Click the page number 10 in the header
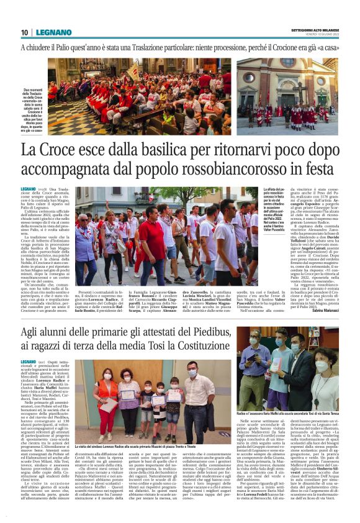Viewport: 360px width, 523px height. coord(25,32)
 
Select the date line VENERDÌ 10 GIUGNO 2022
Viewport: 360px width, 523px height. coord(317,35)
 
